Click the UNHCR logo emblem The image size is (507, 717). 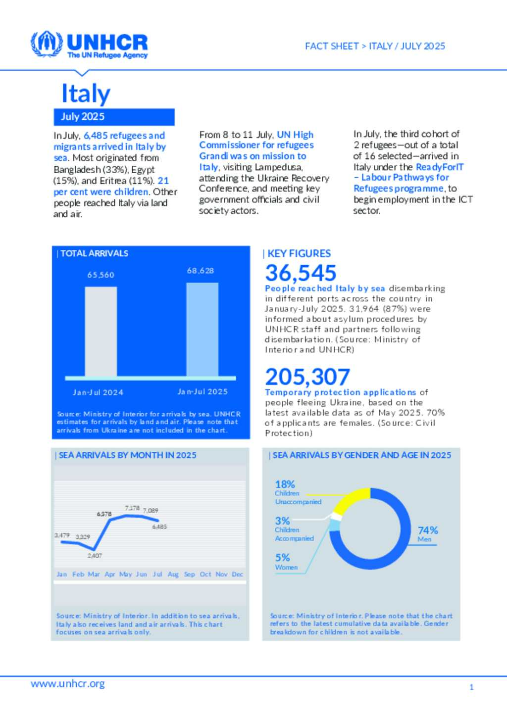[x=47, y=44]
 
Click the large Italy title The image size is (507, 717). [x=86, y=94]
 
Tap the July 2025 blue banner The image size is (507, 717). [x=114, y=117]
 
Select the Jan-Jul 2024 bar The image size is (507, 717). [x=101, y=332]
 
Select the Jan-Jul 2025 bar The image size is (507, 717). [x=202, y=330]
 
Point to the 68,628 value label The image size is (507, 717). [x=201, y=271]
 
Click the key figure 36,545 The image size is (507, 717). [x=301, y=273]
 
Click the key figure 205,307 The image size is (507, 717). [x=307, y=377]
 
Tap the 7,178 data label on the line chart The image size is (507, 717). [x=132, y=508]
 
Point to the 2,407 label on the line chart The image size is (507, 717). [x=95, y=556]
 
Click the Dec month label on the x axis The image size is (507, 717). [x=238, y=574]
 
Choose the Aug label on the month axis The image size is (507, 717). [x=173, y=574]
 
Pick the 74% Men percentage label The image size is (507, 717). [x=428, y=530]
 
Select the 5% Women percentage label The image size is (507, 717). [x=282, y=558]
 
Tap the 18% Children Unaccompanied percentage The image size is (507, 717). [x=285, y=484]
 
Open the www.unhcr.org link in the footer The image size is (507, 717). [x=68, y=684]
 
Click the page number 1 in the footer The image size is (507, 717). [x=471, y=687]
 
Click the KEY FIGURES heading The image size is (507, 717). [x=299, y=254]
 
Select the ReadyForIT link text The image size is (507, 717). [x=440, y=167]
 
